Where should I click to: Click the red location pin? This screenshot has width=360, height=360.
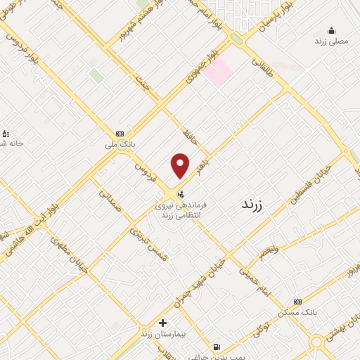coord(181,165)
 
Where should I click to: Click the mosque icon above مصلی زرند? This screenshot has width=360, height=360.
coord(331,30)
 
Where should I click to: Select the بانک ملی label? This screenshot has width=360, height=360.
coord(120,144)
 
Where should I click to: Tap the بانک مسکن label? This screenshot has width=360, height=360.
coord(298,311)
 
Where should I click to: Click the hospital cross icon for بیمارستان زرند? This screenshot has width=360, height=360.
coord(162,323)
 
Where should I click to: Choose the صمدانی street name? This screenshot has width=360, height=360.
coord(110,195)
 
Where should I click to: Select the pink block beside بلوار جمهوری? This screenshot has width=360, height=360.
coord(220,72)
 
